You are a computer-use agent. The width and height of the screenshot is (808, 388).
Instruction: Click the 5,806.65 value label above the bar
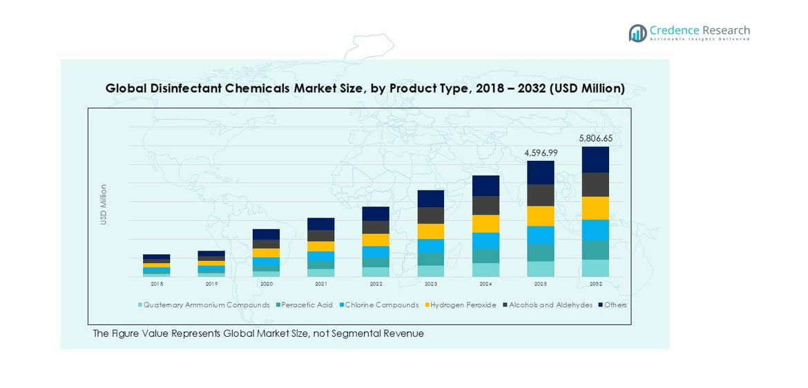tap(595, 138)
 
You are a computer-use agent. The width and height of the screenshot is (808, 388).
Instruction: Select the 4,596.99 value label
tap(541, 153)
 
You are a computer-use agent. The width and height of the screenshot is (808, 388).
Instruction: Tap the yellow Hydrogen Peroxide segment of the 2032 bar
tap(595, 208)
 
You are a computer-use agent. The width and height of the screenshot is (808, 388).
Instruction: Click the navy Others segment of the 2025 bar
tap(541, 173)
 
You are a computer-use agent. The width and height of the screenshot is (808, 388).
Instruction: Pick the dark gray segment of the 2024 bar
tap(485, 205)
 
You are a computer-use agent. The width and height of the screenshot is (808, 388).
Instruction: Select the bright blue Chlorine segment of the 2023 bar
tap(431, 246)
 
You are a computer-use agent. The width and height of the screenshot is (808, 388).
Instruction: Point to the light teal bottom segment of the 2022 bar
tap(376, 272)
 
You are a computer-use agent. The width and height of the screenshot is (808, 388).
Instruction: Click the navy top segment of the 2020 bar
tap(266, 234)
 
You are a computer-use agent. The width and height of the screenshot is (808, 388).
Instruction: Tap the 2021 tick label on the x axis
tap(321, 284)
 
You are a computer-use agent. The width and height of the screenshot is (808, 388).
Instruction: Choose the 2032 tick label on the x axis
tap(595, 284)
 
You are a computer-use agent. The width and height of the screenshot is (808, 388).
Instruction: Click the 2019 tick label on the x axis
tap(211, 284)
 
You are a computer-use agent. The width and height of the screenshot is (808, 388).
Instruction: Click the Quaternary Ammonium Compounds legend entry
tap(206, 305)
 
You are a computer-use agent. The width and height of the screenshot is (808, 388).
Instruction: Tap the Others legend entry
tap(615, 305)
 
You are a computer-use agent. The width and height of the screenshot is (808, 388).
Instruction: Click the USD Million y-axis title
tap(104, 204)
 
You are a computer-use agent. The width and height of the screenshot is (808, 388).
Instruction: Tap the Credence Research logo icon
tap(637, 33)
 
